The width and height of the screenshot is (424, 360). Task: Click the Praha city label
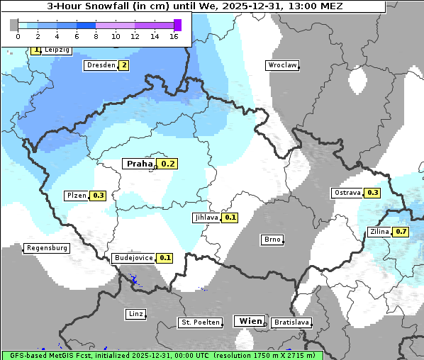[x=140, y=164]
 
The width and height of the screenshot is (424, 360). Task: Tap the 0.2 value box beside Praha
[x=168, y=164]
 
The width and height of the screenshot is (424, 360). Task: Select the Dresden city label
[x=100, y=65]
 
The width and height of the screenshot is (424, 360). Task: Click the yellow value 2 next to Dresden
[x=124, y=65]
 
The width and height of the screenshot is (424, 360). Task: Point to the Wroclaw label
[x=281, y=65]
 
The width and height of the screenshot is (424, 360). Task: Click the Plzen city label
[x=76, y=196]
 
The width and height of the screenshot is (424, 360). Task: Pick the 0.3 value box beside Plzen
[x=98, y=196]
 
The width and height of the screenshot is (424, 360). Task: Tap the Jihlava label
[x=206, y=218]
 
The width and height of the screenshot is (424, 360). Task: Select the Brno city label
[x=272, y=240]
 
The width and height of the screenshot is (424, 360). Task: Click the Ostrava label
[x=347, y=193]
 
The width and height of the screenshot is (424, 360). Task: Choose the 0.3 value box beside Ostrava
[x=372, y=193]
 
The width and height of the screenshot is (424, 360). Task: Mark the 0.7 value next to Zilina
[x=401, y=232]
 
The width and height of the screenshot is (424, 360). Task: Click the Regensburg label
[x=47, y=248]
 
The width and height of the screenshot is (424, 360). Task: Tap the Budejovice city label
[x=133, y=258]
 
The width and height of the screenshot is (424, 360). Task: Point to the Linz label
[x=135, y=313]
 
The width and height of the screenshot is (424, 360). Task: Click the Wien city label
[x=251, y=321]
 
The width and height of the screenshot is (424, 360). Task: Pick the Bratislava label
[x=291, y=322]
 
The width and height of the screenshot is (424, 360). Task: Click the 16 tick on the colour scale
[x=174, y=36]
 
